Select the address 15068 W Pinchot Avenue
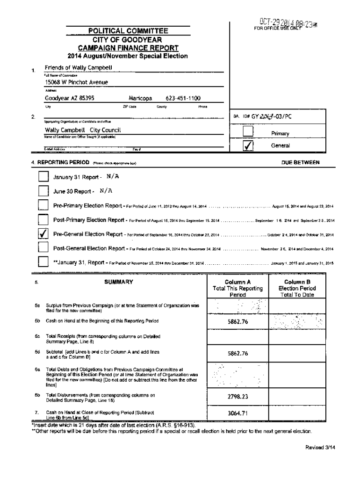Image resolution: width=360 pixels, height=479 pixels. click(76, 82)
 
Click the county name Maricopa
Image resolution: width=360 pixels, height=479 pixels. click(139, 99)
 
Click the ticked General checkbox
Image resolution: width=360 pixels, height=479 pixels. click(248, 146)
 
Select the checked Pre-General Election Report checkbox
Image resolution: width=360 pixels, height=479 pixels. click(43, 234)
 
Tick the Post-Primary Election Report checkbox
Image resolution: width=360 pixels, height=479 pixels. click(43, 220)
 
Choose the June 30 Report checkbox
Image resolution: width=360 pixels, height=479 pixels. click(43, 191)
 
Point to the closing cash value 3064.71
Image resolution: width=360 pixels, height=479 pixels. click(238, 414)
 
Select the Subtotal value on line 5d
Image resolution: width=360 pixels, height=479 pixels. click(238, 354)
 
